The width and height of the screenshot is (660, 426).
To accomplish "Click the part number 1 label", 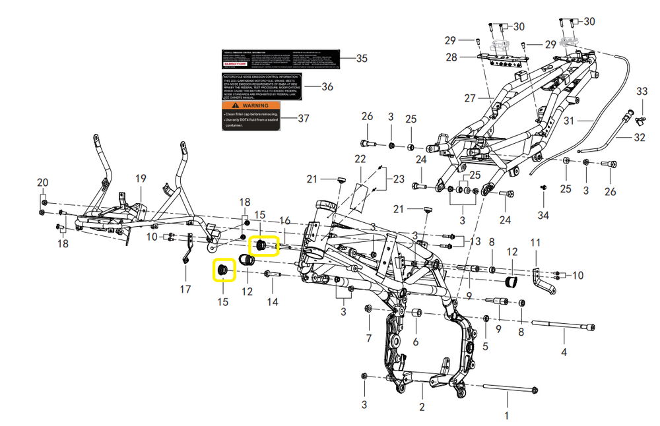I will coord(507,416).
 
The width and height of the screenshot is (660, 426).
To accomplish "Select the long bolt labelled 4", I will coord(561,326).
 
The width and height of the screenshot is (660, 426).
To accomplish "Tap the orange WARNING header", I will coord(246,106).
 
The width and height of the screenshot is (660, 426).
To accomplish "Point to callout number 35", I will coord(361,59).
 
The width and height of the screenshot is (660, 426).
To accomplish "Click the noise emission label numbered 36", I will coord(261,86).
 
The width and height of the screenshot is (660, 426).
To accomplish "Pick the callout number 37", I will coord(303,119).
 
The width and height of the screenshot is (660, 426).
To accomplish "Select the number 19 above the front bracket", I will coord(140,179).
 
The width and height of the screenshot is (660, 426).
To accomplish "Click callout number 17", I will coord(185,289).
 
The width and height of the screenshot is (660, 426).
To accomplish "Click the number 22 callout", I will coord(360,160).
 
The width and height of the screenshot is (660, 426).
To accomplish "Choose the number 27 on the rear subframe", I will coord(470,99).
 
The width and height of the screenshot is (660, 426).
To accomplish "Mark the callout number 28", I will coord(451,57).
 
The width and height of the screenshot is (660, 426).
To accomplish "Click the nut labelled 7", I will coord(368,309).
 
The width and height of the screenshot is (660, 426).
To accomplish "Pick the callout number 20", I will coord(42,183).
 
